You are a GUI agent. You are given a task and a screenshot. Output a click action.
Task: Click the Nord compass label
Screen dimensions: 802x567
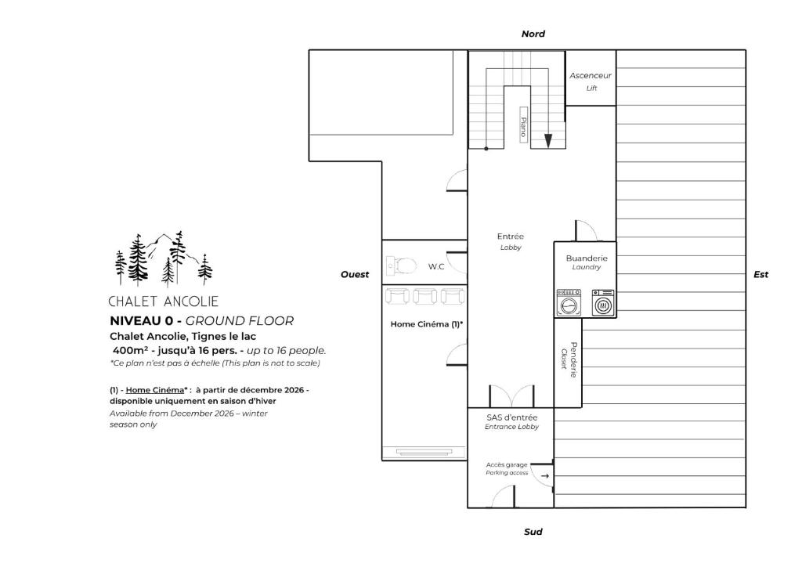click(533, 34)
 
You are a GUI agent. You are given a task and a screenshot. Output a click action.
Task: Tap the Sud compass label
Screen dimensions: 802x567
click(533, 532)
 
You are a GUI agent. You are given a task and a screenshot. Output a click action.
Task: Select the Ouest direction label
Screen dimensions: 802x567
click(355, 275)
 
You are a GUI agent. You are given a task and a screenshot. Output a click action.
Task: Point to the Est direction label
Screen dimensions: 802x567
click(760, 275)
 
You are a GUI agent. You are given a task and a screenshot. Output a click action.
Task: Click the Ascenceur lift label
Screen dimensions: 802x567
click(591, 81)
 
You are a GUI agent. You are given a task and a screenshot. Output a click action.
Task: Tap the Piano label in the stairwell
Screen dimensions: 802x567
click(524, 125)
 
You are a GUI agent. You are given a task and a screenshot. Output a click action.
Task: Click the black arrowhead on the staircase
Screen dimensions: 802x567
click(547, 141)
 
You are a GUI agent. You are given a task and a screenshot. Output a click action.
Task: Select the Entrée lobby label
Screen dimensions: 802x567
click(511, 241)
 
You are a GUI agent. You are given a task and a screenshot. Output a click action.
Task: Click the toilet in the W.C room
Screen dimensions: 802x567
click(402, 265)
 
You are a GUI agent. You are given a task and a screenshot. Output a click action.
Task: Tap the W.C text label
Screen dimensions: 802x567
click(436, 266)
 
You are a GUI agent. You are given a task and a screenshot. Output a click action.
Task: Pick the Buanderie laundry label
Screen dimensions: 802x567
click(587, 262)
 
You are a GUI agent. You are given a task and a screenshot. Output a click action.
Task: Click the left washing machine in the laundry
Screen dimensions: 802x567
click(569, 302)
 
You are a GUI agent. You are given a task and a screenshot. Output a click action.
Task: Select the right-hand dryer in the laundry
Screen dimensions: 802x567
click(604, 302)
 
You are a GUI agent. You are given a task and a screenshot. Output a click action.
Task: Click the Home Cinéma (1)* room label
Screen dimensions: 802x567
click(427, 324)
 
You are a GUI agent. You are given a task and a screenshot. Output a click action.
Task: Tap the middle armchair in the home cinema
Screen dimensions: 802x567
click(424, 297)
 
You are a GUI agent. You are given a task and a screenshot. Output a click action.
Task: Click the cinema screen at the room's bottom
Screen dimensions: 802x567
click(424, 452)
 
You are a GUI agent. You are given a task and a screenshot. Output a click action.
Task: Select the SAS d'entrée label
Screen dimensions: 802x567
click(511, 421)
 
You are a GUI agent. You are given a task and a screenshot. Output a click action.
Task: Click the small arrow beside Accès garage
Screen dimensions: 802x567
click(545, 476)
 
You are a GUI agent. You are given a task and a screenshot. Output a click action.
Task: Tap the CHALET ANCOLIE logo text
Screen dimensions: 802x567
click(164, 302)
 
